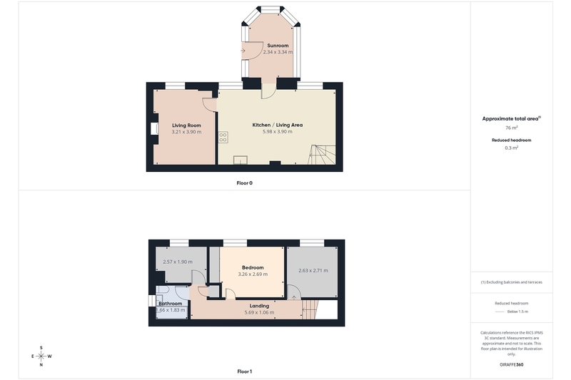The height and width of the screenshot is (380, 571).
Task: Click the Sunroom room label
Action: (278, 46)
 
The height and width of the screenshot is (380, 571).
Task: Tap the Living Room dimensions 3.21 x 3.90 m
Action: (186, 132)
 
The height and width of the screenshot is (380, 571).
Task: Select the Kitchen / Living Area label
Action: (278, 125)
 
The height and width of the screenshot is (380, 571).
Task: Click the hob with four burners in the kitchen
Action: (223, 137)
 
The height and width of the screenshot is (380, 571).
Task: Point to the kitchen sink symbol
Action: (241, 160)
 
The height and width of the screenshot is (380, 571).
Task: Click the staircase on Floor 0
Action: (322, 155)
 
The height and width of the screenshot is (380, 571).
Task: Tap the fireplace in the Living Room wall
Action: (156, 128)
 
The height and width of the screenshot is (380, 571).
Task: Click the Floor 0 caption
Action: (244, 183)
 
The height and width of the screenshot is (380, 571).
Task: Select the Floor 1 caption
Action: (244, 371)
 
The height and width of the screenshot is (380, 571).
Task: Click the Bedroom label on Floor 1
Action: (253, 267)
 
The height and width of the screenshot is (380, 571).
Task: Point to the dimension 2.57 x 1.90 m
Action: (178, 262)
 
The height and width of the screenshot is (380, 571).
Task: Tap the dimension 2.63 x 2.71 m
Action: (313, 270)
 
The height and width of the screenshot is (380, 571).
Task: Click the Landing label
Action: (259, 306)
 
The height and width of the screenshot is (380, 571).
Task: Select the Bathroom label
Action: (170, 304)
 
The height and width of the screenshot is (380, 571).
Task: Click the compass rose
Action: (41, 356)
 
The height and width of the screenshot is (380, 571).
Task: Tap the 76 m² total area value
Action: (511, 128)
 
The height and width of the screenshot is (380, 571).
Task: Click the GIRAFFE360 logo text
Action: (511, 365)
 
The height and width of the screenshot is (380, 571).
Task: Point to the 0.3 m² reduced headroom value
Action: (511, 148)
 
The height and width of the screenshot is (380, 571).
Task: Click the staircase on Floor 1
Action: (310, 309)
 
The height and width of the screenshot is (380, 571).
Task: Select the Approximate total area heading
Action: (511, 118)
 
